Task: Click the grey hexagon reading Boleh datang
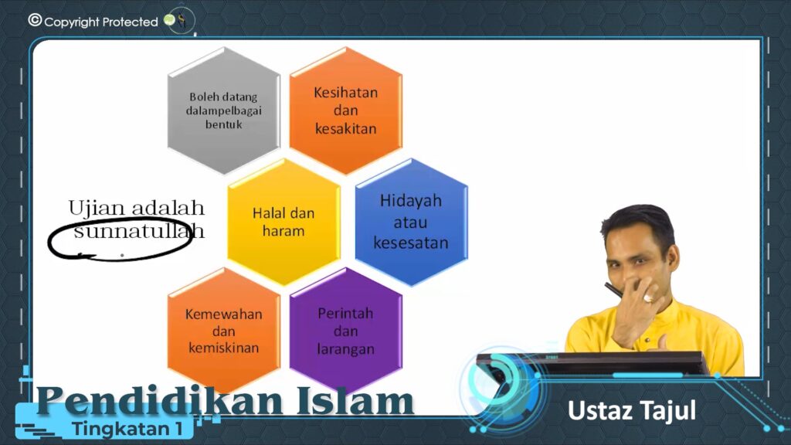point(223,110)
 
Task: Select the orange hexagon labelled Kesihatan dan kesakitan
point(345,110)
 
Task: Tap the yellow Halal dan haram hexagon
point(283,222)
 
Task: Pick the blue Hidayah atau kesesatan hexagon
point(411,222)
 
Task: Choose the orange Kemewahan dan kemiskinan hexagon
point(223,331)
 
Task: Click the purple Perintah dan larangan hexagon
point(345,331)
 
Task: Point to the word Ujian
point(96,209)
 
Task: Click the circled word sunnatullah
point(139,231)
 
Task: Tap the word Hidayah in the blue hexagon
point(411,201)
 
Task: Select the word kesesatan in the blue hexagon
point(411,243)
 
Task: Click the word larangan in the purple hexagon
point(345,349)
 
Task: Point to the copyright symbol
point(35,20)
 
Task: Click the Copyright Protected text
point(101,22)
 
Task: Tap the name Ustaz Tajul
point(632,411)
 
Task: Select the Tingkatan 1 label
point(127,429)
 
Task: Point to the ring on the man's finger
point(648,299)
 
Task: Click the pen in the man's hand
point(615,290)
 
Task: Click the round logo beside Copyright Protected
point(180,20)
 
